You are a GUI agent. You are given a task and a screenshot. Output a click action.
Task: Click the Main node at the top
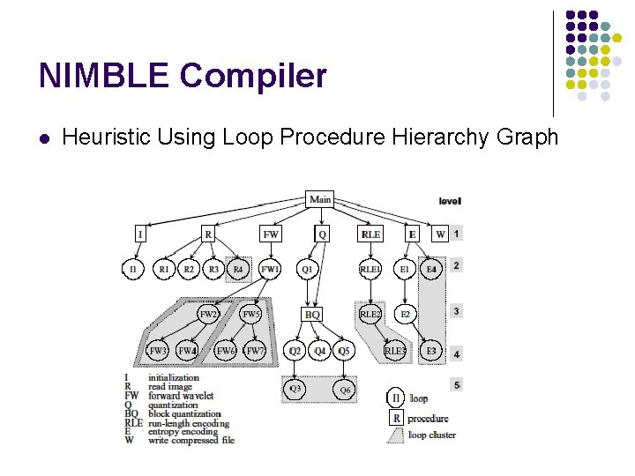(x=320, y=199)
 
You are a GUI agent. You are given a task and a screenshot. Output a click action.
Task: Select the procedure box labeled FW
(x=271, y=234)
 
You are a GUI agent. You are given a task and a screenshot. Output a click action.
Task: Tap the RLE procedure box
(x=370, y=234)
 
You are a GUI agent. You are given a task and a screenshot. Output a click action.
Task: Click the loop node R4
(x=238, y=268)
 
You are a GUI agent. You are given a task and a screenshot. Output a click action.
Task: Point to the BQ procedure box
(x=312, y=314)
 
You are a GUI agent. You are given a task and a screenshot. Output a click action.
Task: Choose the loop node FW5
(x=251, y=314)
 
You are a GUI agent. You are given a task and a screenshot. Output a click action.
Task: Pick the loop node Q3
(x=295, y=389)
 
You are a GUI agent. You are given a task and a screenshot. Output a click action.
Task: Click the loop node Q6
(x=345, y=389)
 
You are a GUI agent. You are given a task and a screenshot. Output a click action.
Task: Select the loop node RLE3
(x=396, y=351)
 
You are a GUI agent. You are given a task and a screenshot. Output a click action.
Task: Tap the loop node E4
(x=431, y=268)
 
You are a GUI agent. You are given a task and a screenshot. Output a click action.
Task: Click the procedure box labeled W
(x=440, y=234)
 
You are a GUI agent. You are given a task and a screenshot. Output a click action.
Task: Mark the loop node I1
(x=132, y=268)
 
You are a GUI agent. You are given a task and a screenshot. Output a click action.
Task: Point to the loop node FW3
(x=158, y=351)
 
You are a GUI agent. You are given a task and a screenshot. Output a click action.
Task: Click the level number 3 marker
(x=456, y=311)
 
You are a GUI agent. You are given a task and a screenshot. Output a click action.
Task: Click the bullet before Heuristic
(x=43, y=138)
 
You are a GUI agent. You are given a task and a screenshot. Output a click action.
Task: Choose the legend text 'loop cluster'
(x=431, y=435)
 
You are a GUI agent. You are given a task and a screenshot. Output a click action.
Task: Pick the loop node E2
(x=406, y=314)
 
